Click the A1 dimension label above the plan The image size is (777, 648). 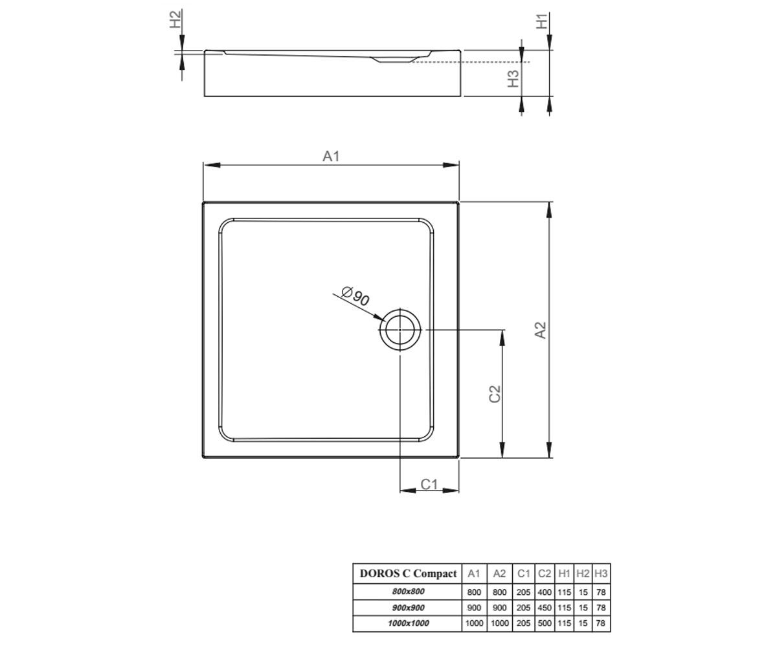point(331,156)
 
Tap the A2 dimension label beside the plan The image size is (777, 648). point(540,330)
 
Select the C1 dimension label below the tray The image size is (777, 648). point(429,484)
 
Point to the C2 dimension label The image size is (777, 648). point(495,394)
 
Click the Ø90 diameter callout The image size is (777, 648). point(355,296)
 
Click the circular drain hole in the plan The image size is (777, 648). point(400,330)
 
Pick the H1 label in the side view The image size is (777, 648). point(542,21)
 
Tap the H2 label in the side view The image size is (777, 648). point(175,19)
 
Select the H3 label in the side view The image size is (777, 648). point(513,78)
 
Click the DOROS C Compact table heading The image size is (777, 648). point(408,573)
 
